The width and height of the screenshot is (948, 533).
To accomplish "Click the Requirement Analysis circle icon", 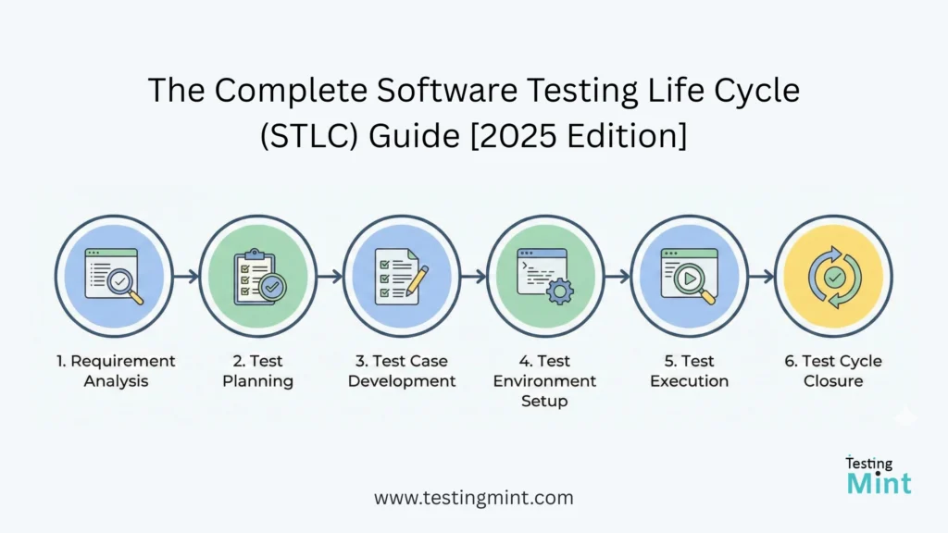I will point(114,275).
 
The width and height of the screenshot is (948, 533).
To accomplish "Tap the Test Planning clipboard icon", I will point(257,275).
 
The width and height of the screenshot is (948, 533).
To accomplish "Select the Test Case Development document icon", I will point(402,275).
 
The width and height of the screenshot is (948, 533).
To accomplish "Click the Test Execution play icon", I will point(690,275).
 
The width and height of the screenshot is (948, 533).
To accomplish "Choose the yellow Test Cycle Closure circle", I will point(833,275).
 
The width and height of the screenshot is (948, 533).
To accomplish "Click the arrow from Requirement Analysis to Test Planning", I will point(186,276).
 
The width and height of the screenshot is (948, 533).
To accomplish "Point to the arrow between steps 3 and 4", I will point(474,276).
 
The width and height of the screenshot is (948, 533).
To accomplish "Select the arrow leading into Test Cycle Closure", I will point(762,276).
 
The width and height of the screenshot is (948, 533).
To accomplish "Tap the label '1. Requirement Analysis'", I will point(114,371).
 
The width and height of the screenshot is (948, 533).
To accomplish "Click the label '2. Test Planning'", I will point(257,371).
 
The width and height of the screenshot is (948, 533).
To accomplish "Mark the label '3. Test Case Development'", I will point(402,371).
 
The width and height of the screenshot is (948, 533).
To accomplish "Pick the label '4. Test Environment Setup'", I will point(545,381).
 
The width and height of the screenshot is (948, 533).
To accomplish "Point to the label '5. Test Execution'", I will point(690,371).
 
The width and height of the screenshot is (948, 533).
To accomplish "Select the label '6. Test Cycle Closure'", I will point(833,371).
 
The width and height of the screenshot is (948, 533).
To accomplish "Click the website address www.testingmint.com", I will point(474,498).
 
